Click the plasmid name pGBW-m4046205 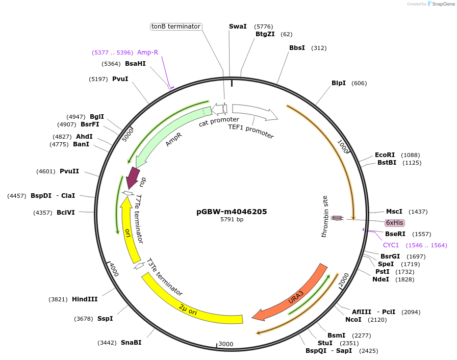(x=232, y=211)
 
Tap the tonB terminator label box (x=176, y=27)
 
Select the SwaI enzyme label (x=238, y=26)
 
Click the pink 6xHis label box (x=395, y=223)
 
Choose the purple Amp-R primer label (x=147, y=53)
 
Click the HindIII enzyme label (x=85, y=299)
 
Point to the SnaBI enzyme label (x=131, y=343)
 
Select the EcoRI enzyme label (x=385, y=155)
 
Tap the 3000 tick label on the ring (x=225, y=344)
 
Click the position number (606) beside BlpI (x=359, y=83)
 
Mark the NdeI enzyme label (x=380, y=279)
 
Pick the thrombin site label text (x=325, y=216)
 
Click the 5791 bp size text (x=232, y=220)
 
